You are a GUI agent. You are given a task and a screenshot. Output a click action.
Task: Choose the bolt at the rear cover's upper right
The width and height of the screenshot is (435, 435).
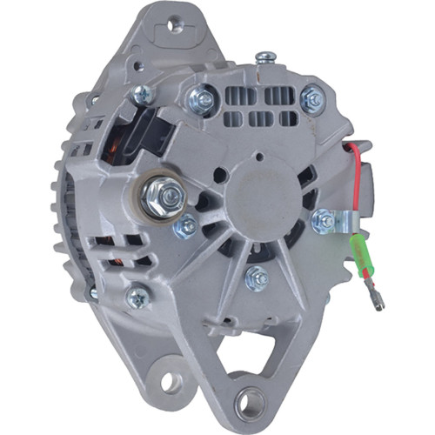(311, 101)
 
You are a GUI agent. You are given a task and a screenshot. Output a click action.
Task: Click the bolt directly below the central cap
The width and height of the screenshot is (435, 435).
(256, 278)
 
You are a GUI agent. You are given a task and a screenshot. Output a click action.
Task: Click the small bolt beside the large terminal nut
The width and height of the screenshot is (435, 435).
(186, 227)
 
